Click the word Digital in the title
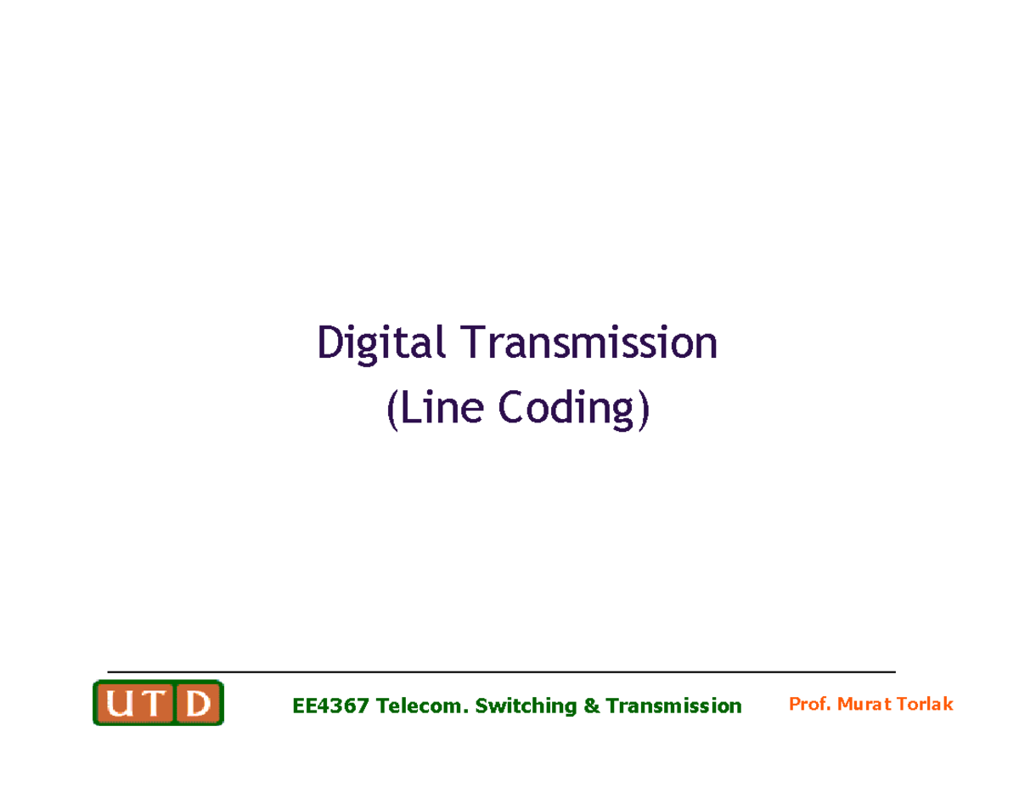(x=380, y=344)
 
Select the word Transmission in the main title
(x=588, y=344)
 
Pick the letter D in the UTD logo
(x=198, y=704)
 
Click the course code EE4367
(x=330, y=706)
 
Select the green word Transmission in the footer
(x=673, y=706)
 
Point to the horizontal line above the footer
(x=501, y=672)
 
